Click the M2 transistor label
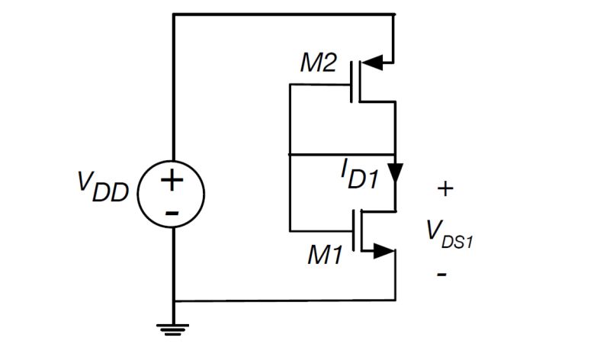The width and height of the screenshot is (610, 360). click(x=318, y=63)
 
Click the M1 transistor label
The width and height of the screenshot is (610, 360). click(x=326, y=255)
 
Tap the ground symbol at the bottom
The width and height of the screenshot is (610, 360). click(x=173, y=328)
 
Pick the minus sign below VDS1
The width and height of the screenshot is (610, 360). click(x=442, y=273)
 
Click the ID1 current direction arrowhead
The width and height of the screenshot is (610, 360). click(x=395, y=174)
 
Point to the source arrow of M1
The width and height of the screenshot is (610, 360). click(x=384, y=251)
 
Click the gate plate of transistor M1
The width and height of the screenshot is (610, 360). click(x=353, y=230)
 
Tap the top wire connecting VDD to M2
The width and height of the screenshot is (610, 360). click(x=282, y=14)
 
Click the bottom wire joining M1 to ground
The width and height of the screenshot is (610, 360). click(x=282, y=301)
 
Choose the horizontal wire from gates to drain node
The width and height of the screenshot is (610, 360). click(x=343, y=154)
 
